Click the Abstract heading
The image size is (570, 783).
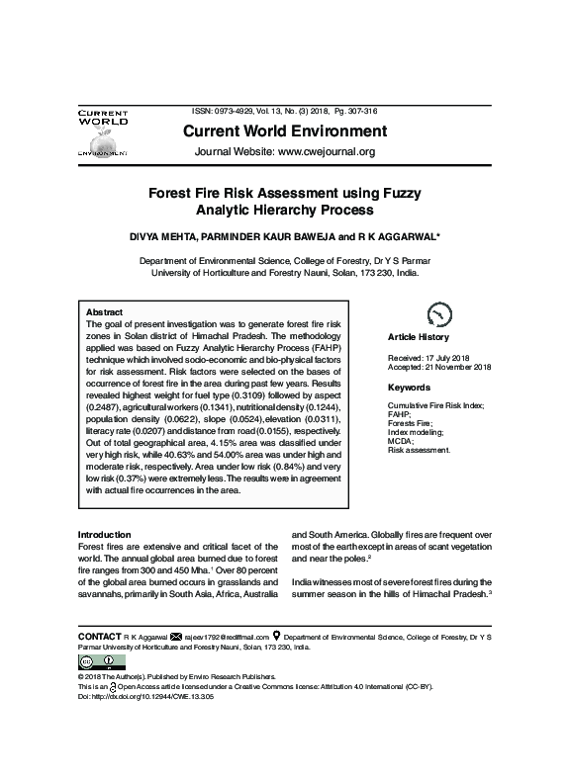tap(105, 311)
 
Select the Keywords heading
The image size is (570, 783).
tap(409, 388)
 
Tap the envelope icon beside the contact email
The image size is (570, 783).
tap(177, 636)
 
